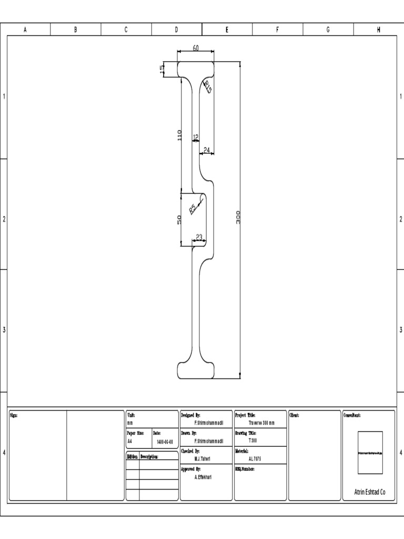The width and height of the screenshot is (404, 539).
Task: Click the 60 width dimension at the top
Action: pyautogui.click(x=196, y=48)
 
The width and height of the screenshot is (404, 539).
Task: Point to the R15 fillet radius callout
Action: pyautogui.click(x=208, y=87)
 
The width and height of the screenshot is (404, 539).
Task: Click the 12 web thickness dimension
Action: pyautogui.click(x=196, y=137)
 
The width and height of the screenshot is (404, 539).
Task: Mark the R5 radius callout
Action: pyautogui.click(x=193, y=208)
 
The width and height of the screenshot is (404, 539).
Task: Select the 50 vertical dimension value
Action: pyautogui.click(x=179, y=219)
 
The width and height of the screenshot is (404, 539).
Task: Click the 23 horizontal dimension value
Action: pyautogui.click(x=199, y=237)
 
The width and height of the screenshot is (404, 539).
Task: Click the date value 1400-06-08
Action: pyautogui.click(x=165, y=441)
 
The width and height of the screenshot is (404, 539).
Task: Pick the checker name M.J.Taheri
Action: pyautogui.click(x=203, y=458)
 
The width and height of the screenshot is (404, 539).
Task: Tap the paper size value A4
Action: pyautogui.click(x=130, y=441)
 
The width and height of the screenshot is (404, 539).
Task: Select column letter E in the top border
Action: pyautogui.click(x=227, y=30)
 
